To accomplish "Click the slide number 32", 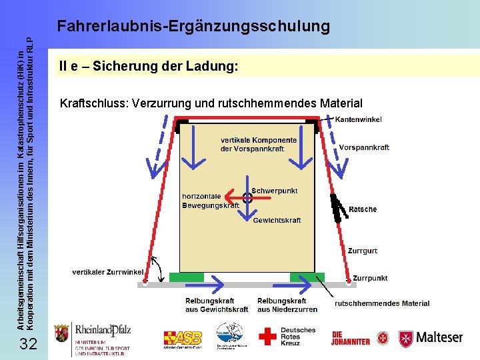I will click(x=28, y=344).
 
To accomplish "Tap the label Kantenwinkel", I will click(x=358, y=119).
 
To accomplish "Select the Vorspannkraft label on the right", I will click(x=364, y=147).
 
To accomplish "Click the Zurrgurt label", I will click(x=362, y=251).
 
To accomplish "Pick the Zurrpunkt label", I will click(x=370, y=277).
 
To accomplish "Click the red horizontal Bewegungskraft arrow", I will click(x=233, y=197).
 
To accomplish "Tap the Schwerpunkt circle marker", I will click(x=247, y=197).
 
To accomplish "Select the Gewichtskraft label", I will click(x=277, y=220).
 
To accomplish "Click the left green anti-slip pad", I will click(x=186, y=277).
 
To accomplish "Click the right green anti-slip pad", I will click(x=307, y=277).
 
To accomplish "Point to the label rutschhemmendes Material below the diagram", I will click(x=382, y=303).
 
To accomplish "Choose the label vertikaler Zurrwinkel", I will click(x=108, y=272).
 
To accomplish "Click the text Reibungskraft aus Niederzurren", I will click(x=287, y=305).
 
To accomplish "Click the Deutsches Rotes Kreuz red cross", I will click(x=267, y=336).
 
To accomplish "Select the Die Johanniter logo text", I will click(x=350, y=338).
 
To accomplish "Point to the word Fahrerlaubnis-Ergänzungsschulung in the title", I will click(x=193, y=27).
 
